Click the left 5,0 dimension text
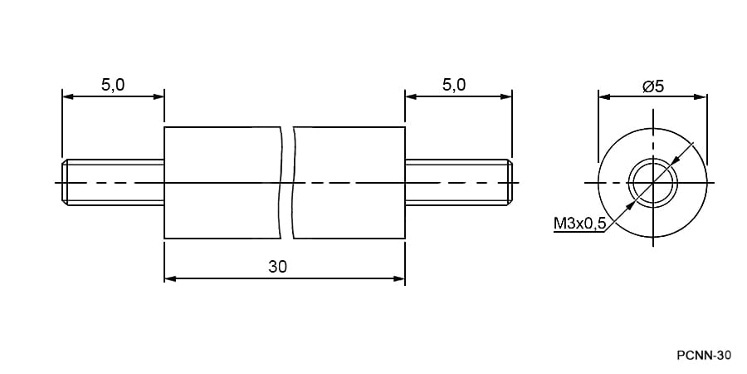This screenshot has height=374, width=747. (113, 85)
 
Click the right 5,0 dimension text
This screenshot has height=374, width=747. (454, 85)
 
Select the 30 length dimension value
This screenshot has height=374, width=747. (278, 267)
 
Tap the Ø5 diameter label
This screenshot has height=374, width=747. (653, 86)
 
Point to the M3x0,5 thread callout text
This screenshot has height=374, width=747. (579, 224)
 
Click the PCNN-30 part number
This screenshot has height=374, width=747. (703, 356)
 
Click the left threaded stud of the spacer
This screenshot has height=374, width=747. (113, 182)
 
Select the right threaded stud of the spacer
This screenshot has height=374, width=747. (459, 182)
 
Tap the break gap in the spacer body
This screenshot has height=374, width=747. (287, 183)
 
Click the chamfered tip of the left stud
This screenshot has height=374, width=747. (65, 182)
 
